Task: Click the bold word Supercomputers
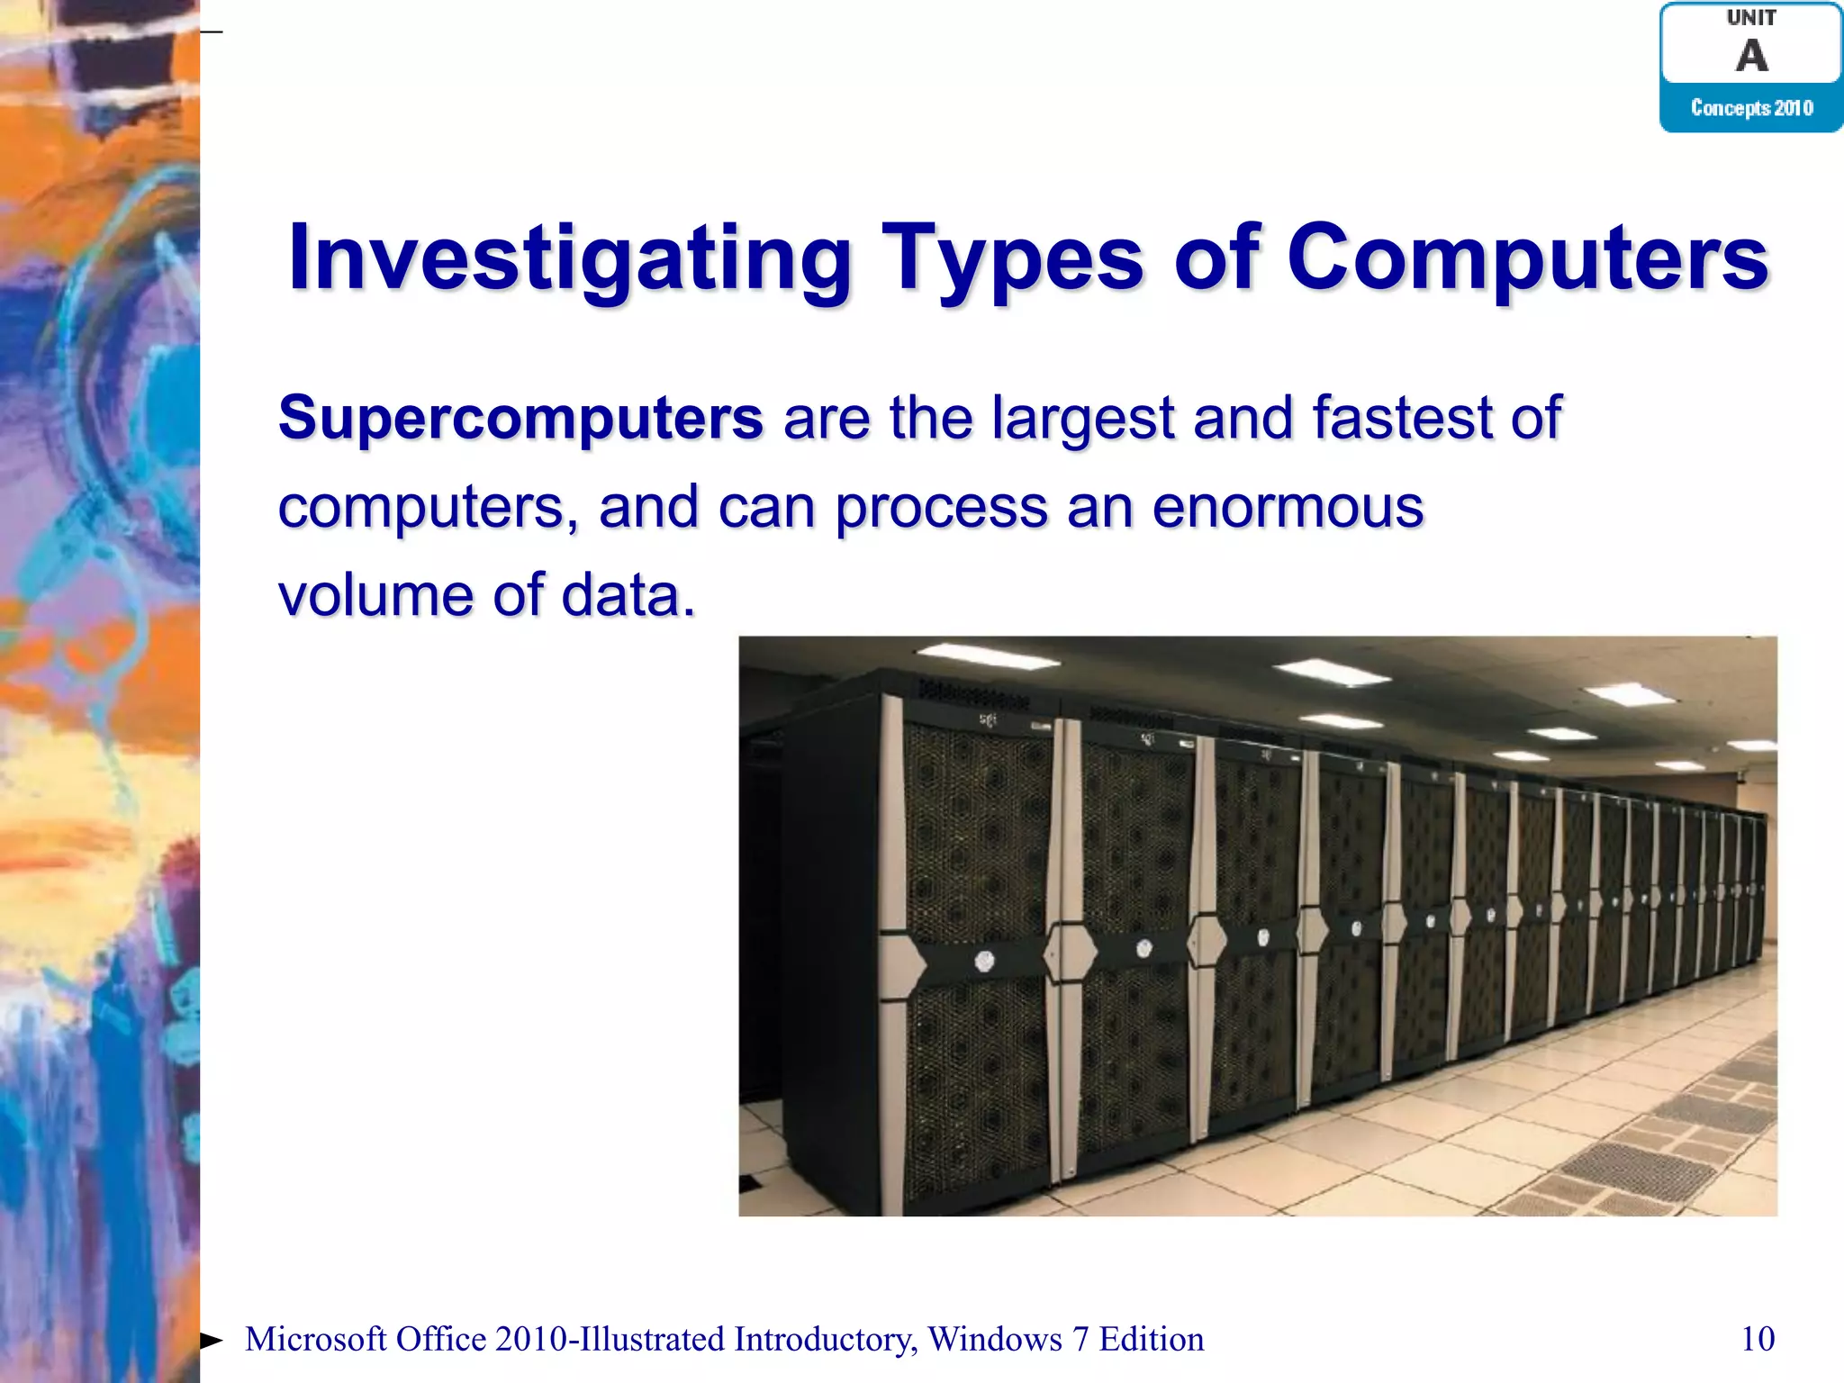[x=520, y=420]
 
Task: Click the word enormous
[x=1288, y=507]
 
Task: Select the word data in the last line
[x=628, y=595]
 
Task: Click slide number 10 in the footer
[x=1758, y=1339]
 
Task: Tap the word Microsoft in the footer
[x=315, y=1339]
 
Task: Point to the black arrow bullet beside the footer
[x=211, y=1341]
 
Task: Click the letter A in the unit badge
[x=1751, y=56]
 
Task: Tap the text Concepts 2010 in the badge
[x=1751, y=108]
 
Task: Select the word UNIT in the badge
[x=1751, y=18]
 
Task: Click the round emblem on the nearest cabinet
[x=984, y=962]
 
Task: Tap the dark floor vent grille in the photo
[x=1639, y=1171]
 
